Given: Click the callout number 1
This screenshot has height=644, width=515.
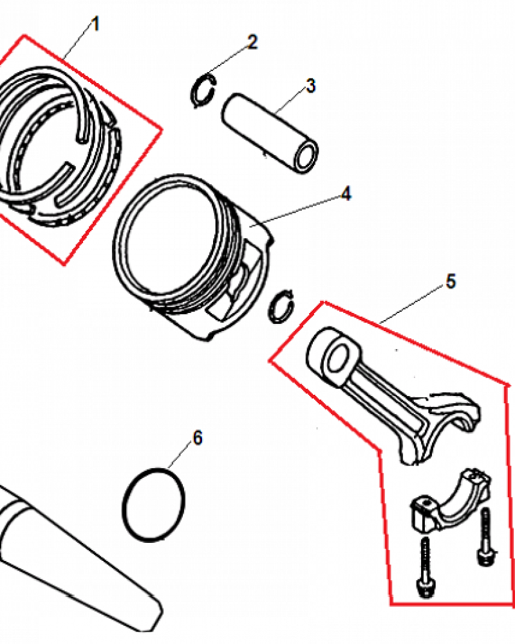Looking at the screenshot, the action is [x=95, y=24].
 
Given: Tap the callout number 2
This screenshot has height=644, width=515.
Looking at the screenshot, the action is [x=252, y=42].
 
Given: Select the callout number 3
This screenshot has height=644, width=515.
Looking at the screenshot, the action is [x=311, y=86].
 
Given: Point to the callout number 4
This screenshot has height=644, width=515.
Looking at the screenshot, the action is [x=346, y=193].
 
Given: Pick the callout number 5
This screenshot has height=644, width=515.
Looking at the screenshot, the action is [x=451, y=282].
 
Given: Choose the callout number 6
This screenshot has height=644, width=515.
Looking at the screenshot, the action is [x=198, y=438].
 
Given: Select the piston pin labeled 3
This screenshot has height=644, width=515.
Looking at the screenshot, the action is [x=270, y=132].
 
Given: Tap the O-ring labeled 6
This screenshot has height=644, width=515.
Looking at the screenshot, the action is [x=124, y=504].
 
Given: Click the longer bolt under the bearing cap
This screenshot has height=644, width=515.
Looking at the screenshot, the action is [x=426, y=567].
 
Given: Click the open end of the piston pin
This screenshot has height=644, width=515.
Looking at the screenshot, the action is [x=306, y=157].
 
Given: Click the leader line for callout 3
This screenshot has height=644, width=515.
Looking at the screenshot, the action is [x=291, y=101].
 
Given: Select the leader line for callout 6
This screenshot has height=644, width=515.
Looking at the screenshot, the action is [x=181, y=457].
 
